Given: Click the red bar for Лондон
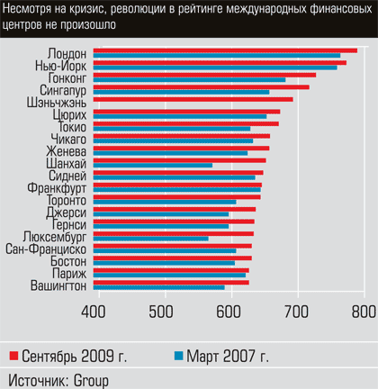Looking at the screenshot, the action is point(225,50).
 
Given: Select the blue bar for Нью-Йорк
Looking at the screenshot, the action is point(215,68).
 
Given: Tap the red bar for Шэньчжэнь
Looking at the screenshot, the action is point(193,99).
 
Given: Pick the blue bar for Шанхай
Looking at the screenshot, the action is point(153,166).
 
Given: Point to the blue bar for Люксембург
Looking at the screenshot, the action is point(151,239).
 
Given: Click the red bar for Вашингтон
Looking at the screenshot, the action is point(171,283).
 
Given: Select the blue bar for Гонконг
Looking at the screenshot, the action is point(189,80).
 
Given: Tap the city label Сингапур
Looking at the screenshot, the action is point(63,90).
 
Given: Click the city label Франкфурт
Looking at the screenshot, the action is point(57,188).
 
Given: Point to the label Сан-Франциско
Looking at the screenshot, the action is point(46,249).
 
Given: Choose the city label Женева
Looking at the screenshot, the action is point(66,151).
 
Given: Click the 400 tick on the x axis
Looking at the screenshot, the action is point(94,312).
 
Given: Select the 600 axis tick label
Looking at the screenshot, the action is point(229,312).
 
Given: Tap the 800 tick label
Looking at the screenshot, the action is point(364,312).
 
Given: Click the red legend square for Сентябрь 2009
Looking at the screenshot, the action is point(13,356).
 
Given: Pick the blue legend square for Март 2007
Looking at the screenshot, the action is point(179,356).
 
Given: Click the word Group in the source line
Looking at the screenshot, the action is point(91,381).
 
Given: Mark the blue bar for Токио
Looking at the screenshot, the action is point(172,129).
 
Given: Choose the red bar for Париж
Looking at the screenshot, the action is point(171,270).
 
